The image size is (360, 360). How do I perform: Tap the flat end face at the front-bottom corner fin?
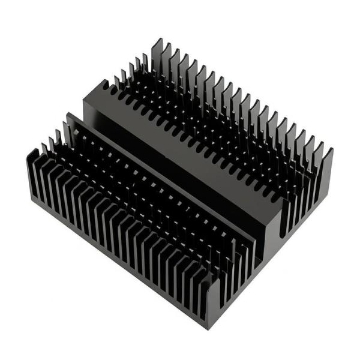(207, 306)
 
